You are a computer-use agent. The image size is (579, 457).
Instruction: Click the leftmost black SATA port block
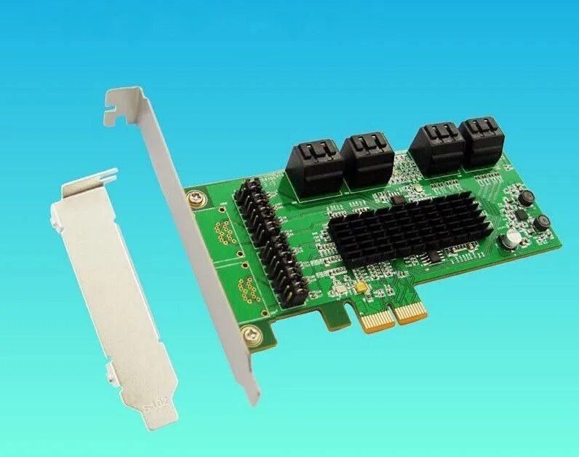click(x=316, y=167)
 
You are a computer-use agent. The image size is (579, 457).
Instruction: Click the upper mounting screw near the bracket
click(x=196, y=197)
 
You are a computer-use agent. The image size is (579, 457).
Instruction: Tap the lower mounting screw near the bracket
click(x=251, y=335)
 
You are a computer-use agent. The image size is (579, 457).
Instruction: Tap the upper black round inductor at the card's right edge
click(x=527, y=196)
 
